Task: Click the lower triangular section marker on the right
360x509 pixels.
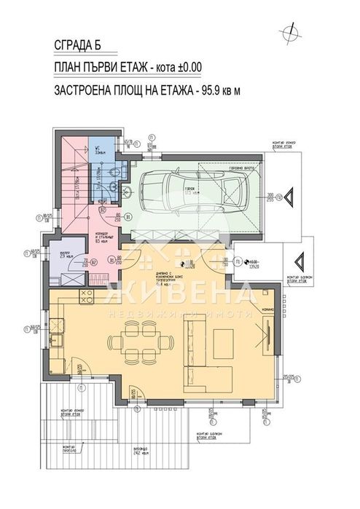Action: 300,260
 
